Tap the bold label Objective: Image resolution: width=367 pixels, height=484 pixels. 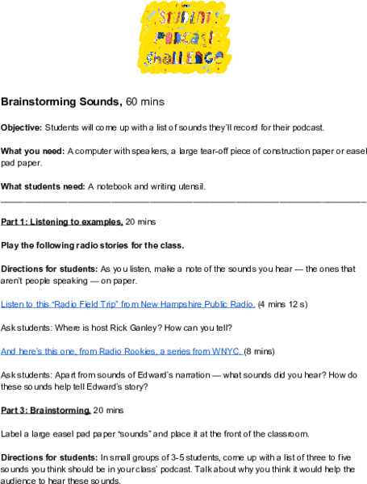tap(21, 127)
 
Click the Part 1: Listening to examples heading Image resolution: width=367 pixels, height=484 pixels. tap(62, 221)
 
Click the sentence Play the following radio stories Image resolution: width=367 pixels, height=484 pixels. tap(92, 244)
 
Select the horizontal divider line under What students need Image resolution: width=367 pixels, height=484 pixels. tap(183, 199)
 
